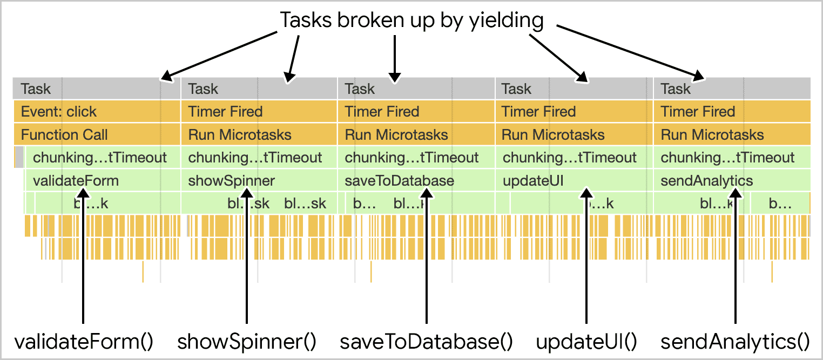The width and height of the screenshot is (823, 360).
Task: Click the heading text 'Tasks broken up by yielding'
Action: (411, 21)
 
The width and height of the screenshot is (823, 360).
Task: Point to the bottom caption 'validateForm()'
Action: (84, 342)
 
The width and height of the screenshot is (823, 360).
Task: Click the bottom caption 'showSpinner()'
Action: (247, 342)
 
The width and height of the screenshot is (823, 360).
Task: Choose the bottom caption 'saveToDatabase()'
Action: (426, 342)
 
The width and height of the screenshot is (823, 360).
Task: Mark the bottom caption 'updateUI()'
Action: (586, 342)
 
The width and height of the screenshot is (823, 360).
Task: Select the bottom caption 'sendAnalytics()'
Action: (736, 342)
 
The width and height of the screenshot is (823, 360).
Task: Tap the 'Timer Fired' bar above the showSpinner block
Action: (259, 112)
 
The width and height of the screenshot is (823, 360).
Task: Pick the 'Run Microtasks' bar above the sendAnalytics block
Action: (732, 134)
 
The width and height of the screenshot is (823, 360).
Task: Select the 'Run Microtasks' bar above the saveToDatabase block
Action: (416, 134)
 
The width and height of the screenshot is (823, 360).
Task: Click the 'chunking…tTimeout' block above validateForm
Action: (100, 158)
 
